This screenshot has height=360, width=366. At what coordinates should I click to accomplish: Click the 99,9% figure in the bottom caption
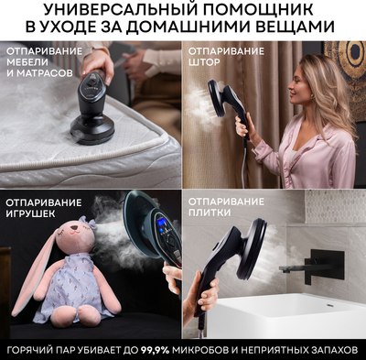[x=175, y=350]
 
